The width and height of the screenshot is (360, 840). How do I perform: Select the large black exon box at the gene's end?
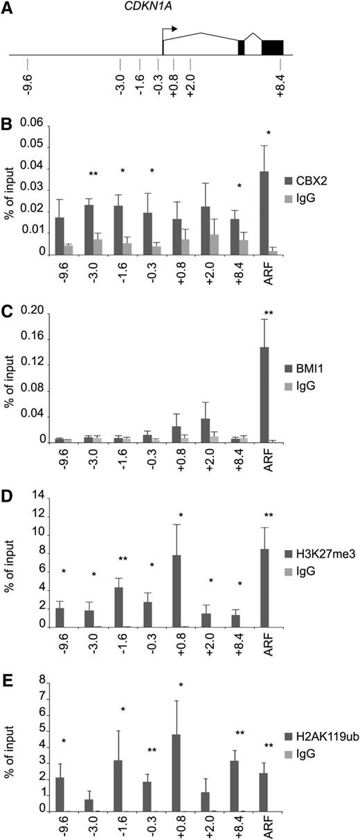point(272,47)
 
